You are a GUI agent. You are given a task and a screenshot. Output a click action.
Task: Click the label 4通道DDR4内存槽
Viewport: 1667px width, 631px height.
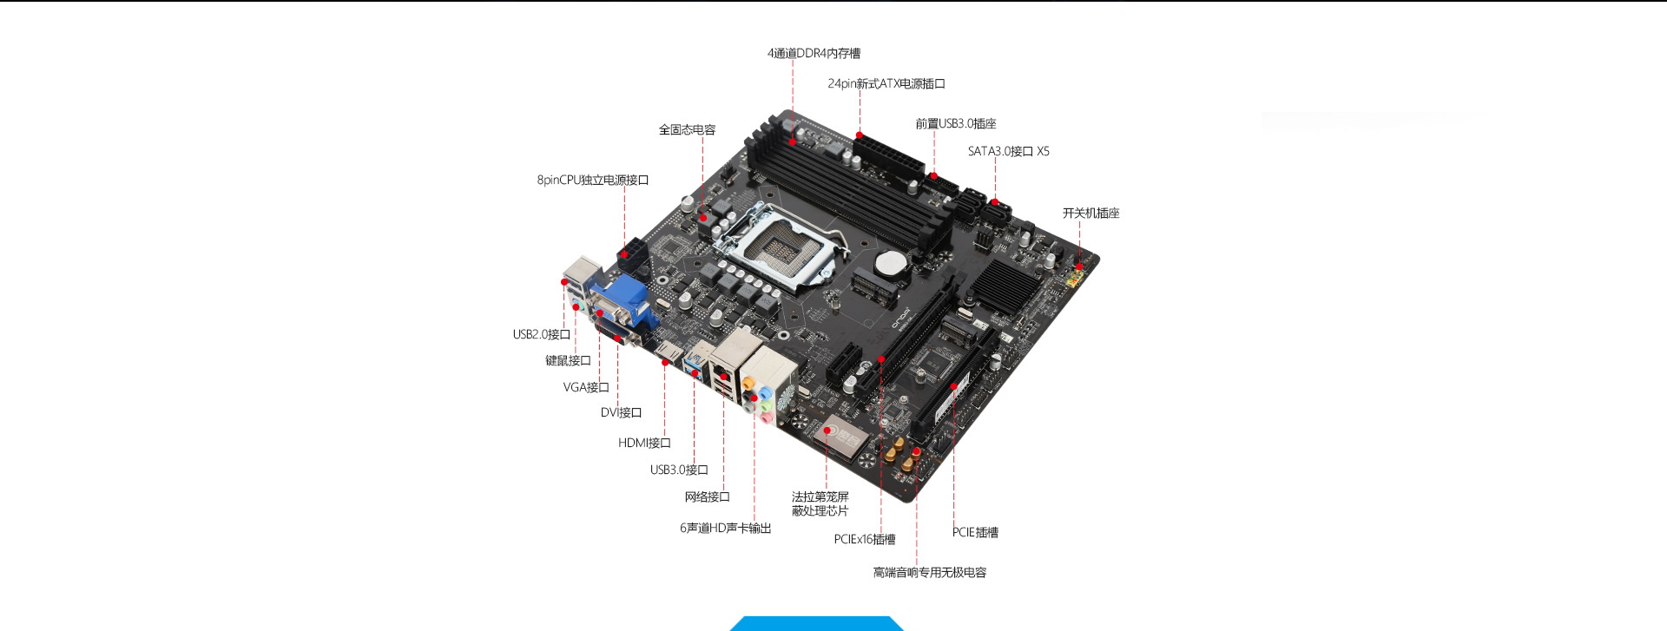tap(814, 53)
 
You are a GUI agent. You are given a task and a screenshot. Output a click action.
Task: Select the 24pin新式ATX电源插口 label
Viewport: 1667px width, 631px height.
tap(886, 83)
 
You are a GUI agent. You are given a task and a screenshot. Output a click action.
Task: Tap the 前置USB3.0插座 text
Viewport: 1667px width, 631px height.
tap(955, 123)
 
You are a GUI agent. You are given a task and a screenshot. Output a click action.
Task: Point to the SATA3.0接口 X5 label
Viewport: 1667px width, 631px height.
tap(1008, 151)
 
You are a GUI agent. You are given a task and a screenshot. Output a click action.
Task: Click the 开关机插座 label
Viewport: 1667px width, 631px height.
tap(1090, 213)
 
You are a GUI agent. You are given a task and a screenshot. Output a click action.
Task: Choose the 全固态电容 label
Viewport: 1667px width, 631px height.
tap(687, 129)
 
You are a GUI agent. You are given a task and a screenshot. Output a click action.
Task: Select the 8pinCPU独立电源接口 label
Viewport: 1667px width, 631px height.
tap(592, 180)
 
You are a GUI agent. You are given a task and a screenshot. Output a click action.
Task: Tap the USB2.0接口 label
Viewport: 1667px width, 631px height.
tap(541, 334)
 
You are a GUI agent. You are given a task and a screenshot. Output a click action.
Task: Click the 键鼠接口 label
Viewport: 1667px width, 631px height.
tap(568, 360)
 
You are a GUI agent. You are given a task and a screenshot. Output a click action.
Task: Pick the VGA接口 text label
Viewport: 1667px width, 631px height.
tap(585, 387)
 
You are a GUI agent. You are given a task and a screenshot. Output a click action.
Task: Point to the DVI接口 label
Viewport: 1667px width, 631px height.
tap(621, 412)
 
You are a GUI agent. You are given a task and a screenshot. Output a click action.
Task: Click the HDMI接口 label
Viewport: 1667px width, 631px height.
tap(643, 443)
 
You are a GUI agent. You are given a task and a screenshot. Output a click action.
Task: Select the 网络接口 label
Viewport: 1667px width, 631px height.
tap(707, 496)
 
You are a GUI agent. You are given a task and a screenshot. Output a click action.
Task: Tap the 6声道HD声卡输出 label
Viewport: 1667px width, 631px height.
tap(725, 528)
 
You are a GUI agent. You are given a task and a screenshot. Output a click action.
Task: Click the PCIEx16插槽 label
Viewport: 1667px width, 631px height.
tap(864, 539)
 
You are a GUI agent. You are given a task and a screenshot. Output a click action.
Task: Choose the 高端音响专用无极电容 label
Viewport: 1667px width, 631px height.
tap(929, 572)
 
